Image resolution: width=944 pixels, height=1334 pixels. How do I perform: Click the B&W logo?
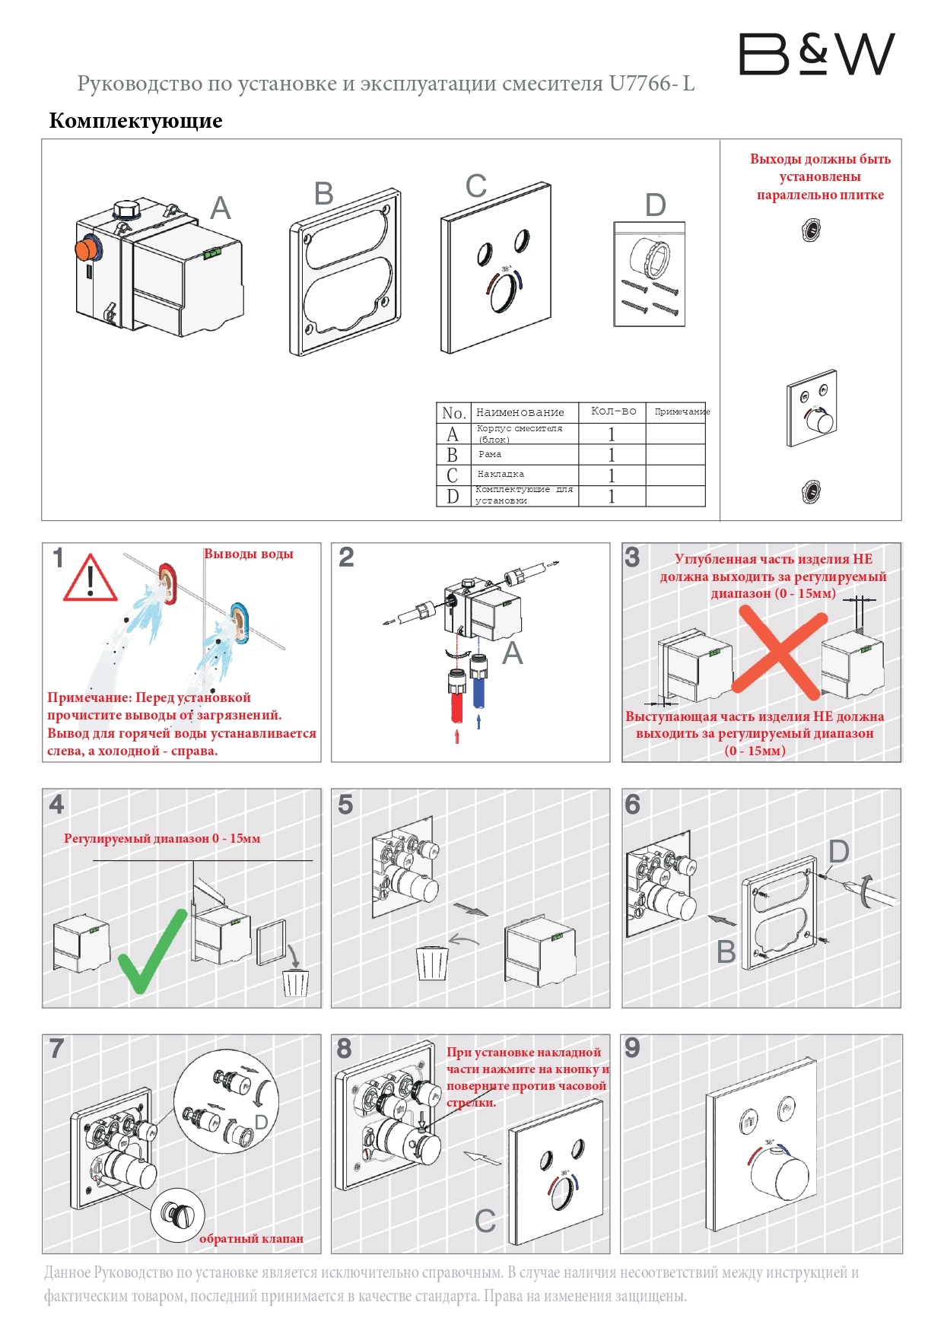[816, 54]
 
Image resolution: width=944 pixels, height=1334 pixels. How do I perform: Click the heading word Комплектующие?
[135, 121]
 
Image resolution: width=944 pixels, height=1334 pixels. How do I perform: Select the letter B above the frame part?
[324, 194]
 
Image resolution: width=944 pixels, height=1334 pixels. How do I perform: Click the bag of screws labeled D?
[649, 275]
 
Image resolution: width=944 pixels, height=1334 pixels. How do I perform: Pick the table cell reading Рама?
[490, 455]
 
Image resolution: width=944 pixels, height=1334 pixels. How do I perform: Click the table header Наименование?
[520, 412]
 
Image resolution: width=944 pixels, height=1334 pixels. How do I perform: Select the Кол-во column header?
[613, 411]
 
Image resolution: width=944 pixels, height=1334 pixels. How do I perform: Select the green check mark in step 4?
[152, 951]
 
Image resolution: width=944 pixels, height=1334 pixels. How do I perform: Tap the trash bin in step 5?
[432, 964]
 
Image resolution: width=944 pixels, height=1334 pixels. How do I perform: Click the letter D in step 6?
[838, 852]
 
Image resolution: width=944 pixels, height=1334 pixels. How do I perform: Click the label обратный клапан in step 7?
[251, 1239]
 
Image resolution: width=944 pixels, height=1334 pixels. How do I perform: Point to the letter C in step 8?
[485, 1221]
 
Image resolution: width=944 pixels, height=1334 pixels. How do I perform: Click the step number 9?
[632, 1048]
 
